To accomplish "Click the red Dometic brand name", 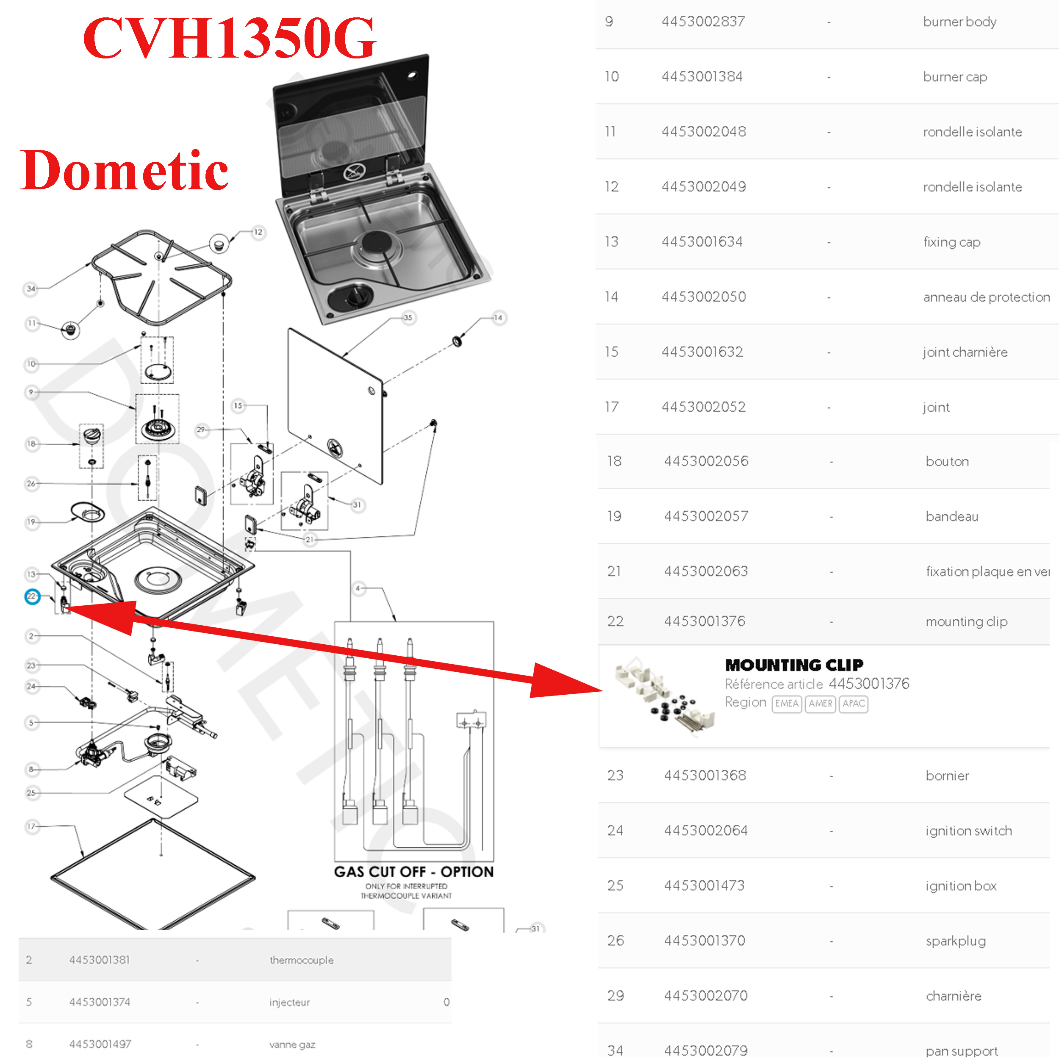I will click(x=125, y=170).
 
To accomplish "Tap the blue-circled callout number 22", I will click(x=32, y=596).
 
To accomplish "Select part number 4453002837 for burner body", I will click(x=703, y=21).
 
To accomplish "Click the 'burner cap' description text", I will click(x=955, y=77).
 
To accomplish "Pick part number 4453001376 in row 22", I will click(x=704, y=621).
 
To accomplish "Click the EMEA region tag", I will click(x=786, y=703).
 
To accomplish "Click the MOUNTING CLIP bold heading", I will click(x=794, y=665).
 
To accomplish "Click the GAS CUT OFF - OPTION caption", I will click(x=414, y=871).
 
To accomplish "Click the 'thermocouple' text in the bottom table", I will click(x=302, y=960).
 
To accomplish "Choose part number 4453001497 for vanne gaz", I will click(x=100, y=1044).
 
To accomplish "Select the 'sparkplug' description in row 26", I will click(x=955, y=940).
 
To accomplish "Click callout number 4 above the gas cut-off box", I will click(x=358, y=588).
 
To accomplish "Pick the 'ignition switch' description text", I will click(x=968, y=830).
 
